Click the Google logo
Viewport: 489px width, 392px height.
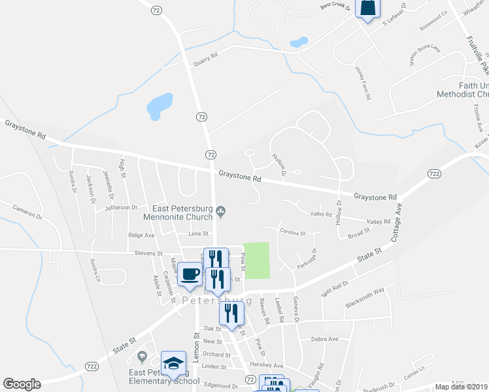(x=22, y=384)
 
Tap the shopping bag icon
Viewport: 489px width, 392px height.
(x=367, y=8)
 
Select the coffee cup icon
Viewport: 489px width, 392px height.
(x=190, y=274)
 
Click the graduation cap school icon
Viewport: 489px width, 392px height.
(x=173, y=363)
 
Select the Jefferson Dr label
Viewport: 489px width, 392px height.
(x=122, y=208)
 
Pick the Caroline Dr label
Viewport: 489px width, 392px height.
(x=293, y=233)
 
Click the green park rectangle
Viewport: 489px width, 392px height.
(x=256, y=259)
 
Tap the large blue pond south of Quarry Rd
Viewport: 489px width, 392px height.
(x=160, y=105)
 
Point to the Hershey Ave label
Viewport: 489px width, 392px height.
(x=269, y=366)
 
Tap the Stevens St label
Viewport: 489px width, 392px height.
(x=148, y=253)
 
